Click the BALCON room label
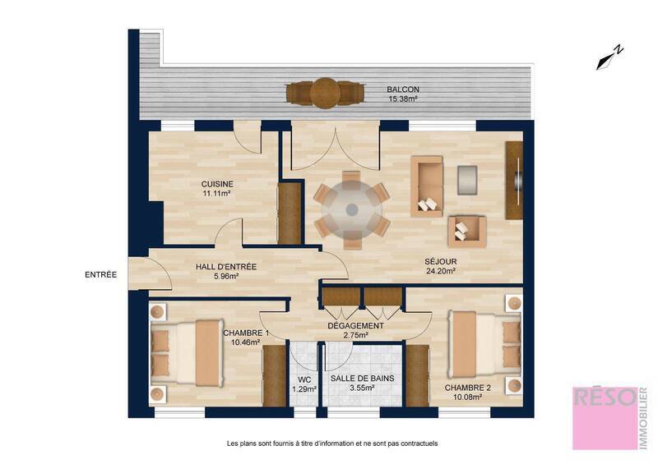coord(404,90)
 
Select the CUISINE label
coord(217,184)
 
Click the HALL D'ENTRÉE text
coord(226,266)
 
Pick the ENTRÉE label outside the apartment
coord(100,274)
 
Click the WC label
coord(304,379)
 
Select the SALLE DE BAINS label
coord(362,379)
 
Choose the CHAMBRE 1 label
coord(246,333)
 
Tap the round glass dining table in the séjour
coord(352,209)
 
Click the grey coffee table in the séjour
coord(467,179)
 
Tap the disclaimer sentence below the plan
coord(332,443)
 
